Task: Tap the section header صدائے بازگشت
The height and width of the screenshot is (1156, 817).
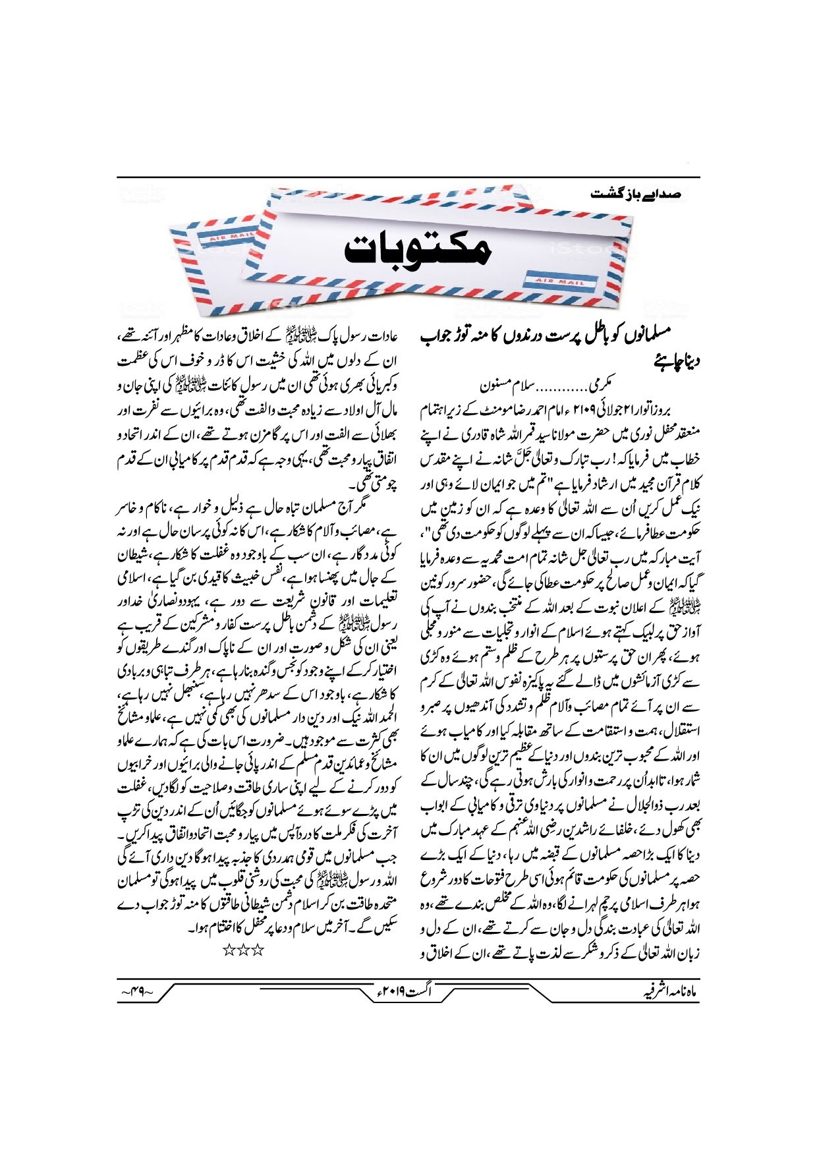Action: tap(636, 194)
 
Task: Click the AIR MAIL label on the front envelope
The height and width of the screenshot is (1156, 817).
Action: tap(561, 281)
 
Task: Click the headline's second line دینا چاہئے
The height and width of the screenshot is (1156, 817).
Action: tap(675, 361)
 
